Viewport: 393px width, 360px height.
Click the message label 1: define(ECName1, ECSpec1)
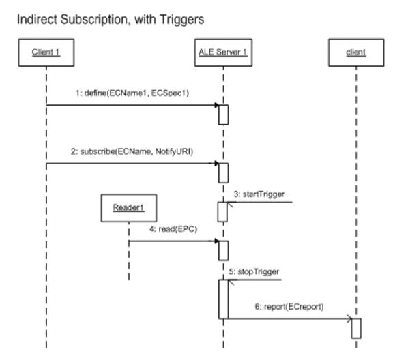pos(132,93)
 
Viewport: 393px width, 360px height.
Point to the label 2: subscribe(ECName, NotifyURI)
pos(132,151)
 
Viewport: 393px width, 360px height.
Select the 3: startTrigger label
pos(259,194)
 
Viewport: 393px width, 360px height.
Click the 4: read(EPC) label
pos(173,229)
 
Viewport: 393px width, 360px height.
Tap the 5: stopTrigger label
pos(254,271)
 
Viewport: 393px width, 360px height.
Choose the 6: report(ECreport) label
pos(289,307)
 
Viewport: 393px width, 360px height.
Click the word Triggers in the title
pos(181,20)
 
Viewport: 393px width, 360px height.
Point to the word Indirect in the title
pos(38,19)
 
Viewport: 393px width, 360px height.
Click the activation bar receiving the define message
pos(223,115)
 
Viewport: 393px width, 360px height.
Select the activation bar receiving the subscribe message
pos(223,173)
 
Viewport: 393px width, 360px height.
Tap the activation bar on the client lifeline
pos(356,329)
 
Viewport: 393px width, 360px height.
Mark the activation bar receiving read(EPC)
pos(223,251)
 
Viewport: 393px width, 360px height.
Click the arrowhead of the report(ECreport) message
pos(349,318)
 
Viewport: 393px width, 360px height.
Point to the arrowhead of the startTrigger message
pos(230,204)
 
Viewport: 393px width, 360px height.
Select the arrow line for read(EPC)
pos(174,241)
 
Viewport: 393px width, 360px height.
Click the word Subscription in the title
pos(96,20)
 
